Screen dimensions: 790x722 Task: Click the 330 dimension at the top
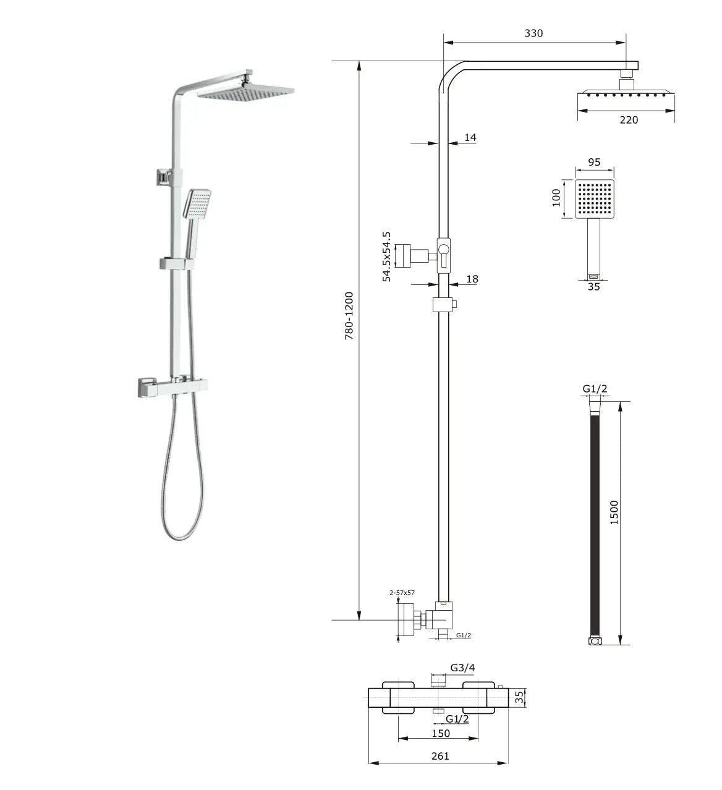pos(533,33)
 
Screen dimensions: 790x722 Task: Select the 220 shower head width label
pos(629,120)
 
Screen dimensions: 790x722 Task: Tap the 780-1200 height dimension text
pos(349,316)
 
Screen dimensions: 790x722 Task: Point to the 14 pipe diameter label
pos(470,138)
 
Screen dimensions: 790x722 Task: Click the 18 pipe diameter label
pos(472,279)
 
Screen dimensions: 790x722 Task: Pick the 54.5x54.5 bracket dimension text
pos(387,257)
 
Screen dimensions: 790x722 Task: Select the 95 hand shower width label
pos(594,163)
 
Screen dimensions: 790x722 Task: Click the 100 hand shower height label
pos(556,198)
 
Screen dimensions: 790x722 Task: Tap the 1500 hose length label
pos(614,512)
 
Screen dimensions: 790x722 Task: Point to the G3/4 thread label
pos(462,668)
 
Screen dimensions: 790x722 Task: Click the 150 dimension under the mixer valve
pos(441,733)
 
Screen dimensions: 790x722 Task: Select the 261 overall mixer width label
pos(440,756)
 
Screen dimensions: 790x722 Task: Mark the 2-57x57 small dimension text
pos(402,593)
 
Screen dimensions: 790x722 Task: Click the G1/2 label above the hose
pos(595,389)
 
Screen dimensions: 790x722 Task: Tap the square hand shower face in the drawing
pos(595,199)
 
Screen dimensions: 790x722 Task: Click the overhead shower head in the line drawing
pos(626,95)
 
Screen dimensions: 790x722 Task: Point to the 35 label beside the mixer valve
pos(520,698)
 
